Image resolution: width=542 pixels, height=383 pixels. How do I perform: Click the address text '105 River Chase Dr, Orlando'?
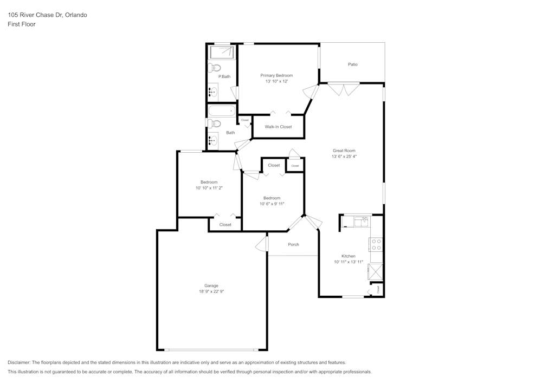click(x=47, y=15)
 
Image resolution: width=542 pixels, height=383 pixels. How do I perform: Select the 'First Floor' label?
click(x=22, y=24)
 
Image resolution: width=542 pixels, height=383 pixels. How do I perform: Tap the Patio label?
click(x=352, y=64)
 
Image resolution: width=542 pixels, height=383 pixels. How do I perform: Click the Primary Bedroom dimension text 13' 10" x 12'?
click(x=276, y=82)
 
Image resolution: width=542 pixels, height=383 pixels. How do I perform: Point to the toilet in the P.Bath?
click(x=215, y=68)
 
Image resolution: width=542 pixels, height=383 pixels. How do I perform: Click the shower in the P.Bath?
click(x=222, y=53)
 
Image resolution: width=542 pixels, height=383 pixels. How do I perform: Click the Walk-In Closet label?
click(x=278, y=127)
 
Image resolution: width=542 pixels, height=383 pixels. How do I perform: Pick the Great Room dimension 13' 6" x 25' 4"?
click(x=344, y=157)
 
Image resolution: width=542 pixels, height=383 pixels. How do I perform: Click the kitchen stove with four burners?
click(x=376, y=244)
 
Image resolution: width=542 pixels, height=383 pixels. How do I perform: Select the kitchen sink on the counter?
click(x=360, y=221)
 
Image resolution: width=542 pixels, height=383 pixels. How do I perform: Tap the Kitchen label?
click(x=348, y=256)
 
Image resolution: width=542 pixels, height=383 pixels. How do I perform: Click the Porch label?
click(x=293, y=244)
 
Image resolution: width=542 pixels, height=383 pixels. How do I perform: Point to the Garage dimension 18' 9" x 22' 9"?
click(x=211, y=291)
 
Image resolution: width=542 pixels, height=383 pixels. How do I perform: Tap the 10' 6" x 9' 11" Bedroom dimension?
click(x=272, y=204)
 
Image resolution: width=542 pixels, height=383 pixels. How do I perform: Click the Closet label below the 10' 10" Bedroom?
click(x=225, y=225)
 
